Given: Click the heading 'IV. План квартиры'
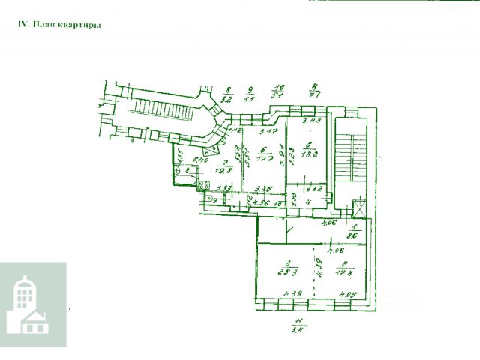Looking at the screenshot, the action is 59,25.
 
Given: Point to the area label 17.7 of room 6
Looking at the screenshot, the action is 262,160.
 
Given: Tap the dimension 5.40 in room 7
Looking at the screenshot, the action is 200,159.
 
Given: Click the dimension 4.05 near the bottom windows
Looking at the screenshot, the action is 346,294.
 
